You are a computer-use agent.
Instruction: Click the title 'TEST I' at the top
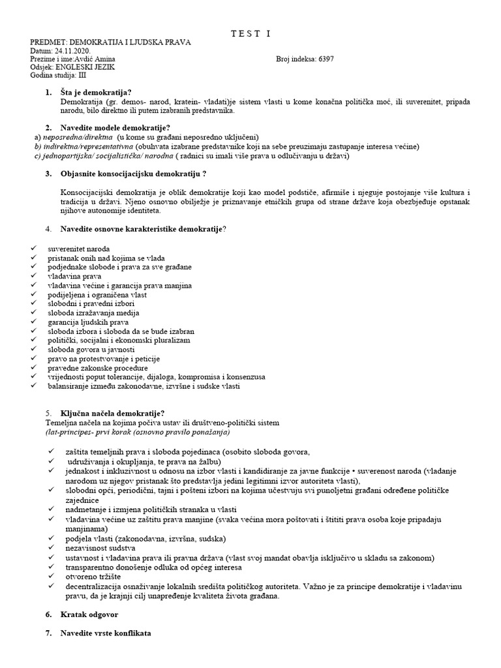coord(250,33)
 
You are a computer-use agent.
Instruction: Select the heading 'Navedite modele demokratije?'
coord(115,128)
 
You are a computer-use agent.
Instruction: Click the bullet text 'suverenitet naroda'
coord(79,249)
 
